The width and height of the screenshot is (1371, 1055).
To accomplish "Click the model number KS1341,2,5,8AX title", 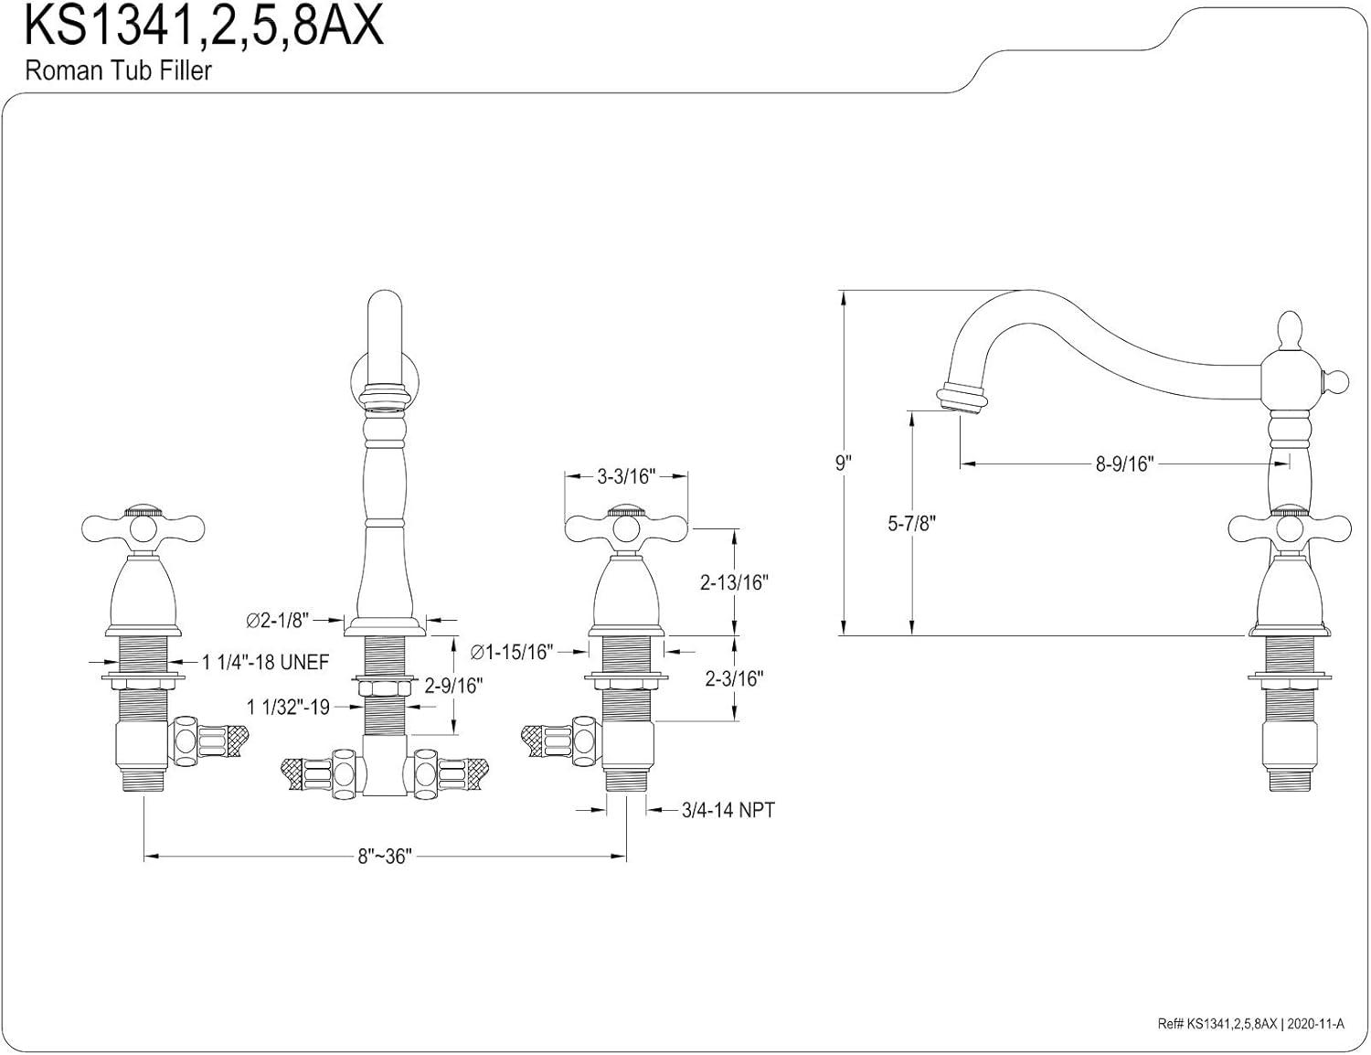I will (204, 27).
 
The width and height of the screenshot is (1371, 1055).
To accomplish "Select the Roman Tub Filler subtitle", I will (118, 71).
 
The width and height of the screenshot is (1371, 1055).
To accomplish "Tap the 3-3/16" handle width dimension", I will (627, 476).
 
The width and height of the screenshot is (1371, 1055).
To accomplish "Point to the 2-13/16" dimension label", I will (734, 582).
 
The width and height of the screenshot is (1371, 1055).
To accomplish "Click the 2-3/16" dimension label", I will (734, 678).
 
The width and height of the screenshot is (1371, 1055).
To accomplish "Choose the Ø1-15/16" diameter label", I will (512, 652).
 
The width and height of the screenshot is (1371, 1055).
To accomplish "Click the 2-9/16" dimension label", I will (454, 685).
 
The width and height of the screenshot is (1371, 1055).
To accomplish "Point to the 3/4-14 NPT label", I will (728, 810).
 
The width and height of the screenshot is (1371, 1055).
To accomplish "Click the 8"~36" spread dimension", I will (385, 857).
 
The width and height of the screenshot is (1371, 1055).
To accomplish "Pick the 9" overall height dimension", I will (843, 463).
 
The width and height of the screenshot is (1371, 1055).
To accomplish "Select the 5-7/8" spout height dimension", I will (911, 524).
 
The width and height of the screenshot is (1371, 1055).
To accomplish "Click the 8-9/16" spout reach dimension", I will (1125, 464).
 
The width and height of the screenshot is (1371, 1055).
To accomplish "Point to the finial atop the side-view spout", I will (1288, 331).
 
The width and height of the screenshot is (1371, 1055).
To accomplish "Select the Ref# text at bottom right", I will (1248, 1025).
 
